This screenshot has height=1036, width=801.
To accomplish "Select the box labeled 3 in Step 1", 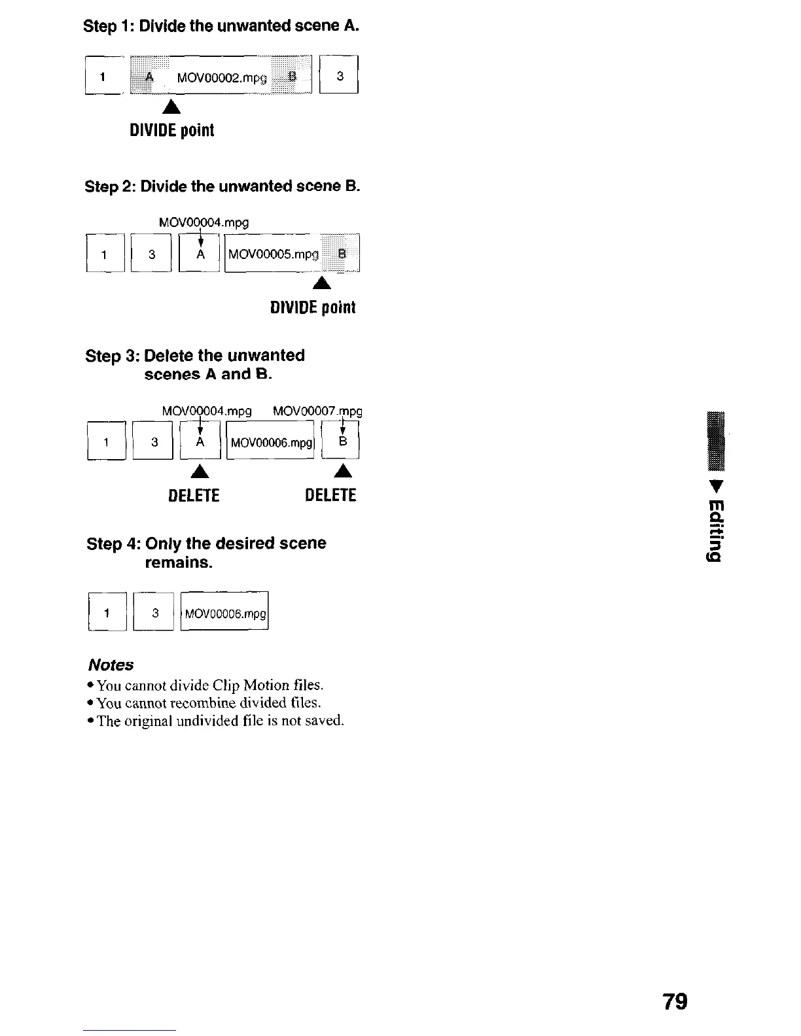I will [x=339, y=76].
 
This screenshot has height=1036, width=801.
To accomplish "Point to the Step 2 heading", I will [x=222, y=186].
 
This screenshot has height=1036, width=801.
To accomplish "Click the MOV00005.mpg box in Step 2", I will [x=292, y=254].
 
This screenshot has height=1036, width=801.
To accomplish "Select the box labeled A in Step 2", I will [x=200, y=254].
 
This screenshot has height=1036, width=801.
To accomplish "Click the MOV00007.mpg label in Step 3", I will [x=317, y=411].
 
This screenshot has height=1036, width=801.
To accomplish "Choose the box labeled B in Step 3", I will [x=341, y=441].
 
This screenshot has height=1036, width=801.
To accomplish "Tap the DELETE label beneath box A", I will [x=194, y=495].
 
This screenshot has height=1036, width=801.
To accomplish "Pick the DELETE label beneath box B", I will [x=330, y=495].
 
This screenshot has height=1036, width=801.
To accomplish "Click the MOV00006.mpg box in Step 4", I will [x=224, y=613].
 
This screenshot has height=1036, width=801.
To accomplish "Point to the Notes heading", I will [x=111, y=665].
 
